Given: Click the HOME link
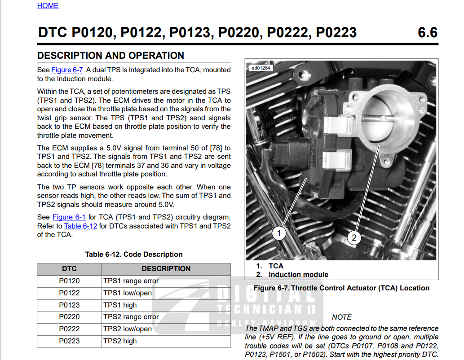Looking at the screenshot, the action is (48, 6).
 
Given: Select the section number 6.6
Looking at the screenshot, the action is (427, 32).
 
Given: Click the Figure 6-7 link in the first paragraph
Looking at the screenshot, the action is (67, 70).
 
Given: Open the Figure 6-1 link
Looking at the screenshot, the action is (69, 217).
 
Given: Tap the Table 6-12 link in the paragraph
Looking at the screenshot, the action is (80, 226).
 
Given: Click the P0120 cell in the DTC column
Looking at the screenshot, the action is (69, 281).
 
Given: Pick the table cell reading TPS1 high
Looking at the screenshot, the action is (166, 305).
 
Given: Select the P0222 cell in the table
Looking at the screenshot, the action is (69, 329).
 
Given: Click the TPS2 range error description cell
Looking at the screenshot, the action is (166, 317).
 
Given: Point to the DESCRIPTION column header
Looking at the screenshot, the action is (166, 268).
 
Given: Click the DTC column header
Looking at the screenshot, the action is (69, 268).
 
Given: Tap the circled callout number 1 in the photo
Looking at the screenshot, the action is (279, 233).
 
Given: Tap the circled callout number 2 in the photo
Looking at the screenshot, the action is (354, 237).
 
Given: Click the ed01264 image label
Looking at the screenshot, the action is (261, 68).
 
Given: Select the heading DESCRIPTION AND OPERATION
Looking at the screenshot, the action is (110, 56).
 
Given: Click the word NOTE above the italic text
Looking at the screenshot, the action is (342, 317).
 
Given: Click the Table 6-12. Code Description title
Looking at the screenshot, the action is (134, 255).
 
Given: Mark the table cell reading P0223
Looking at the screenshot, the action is (69, 341).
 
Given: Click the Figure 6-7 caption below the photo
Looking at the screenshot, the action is (341, 288).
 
